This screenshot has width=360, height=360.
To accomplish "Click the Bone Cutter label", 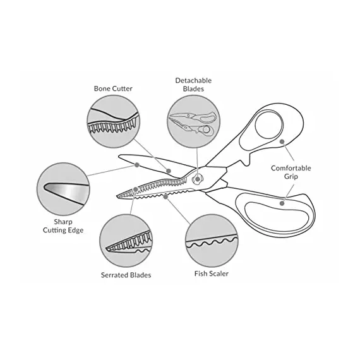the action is (x=113, y=88).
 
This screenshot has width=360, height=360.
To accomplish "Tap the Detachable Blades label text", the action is (x=193, y=85).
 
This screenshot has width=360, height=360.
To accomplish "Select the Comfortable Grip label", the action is (x=291, y=172).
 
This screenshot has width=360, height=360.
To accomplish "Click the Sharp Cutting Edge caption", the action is (x=63, y=226).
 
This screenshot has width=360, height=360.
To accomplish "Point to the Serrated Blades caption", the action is (x=126, y=275).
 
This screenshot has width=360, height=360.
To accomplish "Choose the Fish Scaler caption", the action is (x=212, y=273).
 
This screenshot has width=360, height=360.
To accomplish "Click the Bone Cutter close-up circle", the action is (x=113, y=121).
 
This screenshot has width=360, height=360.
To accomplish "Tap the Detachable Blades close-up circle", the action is (x=193, y=121).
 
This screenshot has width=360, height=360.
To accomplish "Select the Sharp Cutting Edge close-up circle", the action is (x=63, y=189).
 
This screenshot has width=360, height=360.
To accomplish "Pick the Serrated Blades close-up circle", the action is (x=126, y=241).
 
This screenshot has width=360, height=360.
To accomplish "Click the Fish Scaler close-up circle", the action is (x=212, y=241).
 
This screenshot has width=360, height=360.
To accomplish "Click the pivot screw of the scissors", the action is (x=197, y=179).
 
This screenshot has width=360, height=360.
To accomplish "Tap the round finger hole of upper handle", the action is (x=268, y=124).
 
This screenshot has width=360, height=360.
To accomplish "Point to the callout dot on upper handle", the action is (x=282, y=141).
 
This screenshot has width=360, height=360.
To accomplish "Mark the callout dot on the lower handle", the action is (x=282, y=203).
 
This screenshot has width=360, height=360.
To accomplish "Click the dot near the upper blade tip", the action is (x=137, y=165).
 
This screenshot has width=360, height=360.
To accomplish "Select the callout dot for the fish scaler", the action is (x=165, y=196).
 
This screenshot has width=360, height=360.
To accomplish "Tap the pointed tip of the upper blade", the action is (x=119, y=157).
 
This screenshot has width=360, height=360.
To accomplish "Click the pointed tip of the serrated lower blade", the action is (x=117, y=196).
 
